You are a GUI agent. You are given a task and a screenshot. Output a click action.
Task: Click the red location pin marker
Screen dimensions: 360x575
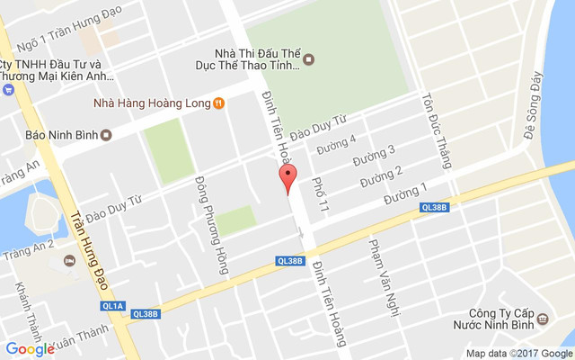tap(287, 178)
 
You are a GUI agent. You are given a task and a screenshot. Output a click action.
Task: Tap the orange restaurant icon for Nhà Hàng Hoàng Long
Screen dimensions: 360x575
tap(218, 103)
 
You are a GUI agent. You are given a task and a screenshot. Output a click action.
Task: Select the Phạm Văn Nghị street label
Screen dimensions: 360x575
tap(378, 267)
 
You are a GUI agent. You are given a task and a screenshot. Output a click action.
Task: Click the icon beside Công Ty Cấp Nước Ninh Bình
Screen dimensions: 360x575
tap(542, 319)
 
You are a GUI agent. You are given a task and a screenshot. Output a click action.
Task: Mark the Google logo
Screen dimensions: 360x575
tap(30, 349)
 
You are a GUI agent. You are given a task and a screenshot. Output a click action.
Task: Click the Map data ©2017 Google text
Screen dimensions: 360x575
tap(517, 353)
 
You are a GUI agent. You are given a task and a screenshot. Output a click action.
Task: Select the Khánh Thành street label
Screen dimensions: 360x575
tap(23, 306)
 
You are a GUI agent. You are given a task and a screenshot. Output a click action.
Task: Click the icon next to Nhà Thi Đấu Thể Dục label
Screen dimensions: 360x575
tap(309, 59)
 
